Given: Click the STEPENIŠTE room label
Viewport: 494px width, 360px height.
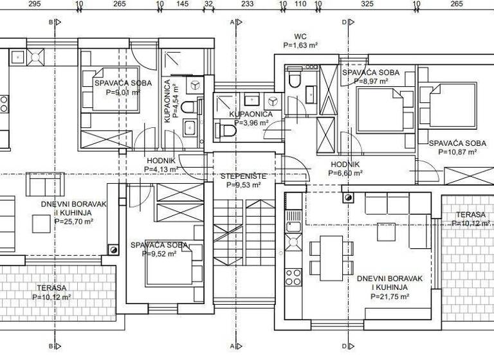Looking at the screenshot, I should coord(243,175).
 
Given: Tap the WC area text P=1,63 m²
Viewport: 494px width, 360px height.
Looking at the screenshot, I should coord(301,46).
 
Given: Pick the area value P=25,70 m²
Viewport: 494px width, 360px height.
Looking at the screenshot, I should coord(74,221).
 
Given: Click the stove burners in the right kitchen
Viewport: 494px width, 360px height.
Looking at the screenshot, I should coord(293,276).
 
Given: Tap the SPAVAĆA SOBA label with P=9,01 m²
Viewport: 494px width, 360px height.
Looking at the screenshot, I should coord(123,84).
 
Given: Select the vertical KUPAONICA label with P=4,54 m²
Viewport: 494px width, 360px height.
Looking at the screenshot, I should coord(167,102).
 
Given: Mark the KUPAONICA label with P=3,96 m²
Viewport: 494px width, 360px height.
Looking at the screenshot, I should coord(251,114).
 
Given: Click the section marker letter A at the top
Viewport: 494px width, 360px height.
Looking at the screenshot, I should coord(232,21).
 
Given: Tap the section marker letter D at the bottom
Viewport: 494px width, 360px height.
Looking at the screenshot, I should coord(344,344).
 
